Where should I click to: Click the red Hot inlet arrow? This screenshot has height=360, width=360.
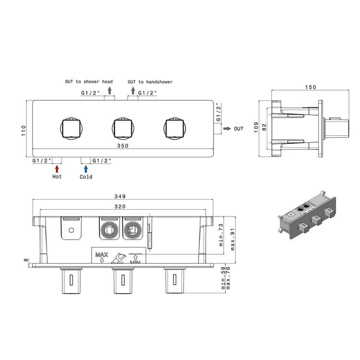point(57,169)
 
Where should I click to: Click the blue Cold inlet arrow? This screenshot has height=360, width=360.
point(86,169)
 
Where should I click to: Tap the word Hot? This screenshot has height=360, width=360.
point(57,177)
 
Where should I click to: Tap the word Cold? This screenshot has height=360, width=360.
point(86,177)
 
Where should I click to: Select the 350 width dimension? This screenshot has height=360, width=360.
point(123,145)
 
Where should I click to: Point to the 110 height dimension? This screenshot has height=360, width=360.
point(24,131)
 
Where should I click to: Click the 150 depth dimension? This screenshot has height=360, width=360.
point(311,87)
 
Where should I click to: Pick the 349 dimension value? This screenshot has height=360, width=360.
point(120,196)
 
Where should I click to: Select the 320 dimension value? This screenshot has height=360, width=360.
point(120,206)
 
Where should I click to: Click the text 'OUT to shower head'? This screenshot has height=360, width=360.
point(89,82)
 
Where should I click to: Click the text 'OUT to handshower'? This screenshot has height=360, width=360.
point(150,82)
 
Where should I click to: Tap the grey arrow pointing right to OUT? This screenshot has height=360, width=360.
point(227,129)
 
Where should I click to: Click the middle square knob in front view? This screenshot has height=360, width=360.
point(123,128)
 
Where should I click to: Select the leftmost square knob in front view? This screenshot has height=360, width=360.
point(71,128)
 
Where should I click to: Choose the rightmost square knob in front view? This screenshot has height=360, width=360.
point(175,128)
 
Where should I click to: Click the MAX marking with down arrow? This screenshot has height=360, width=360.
point(101,257)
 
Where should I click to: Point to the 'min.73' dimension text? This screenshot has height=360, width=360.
point(221,235)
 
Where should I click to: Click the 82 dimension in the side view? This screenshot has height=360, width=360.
point(264,127)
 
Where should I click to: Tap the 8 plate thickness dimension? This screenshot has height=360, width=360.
point(26,260)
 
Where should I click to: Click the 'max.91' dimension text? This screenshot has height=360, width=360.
point(233,239)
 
